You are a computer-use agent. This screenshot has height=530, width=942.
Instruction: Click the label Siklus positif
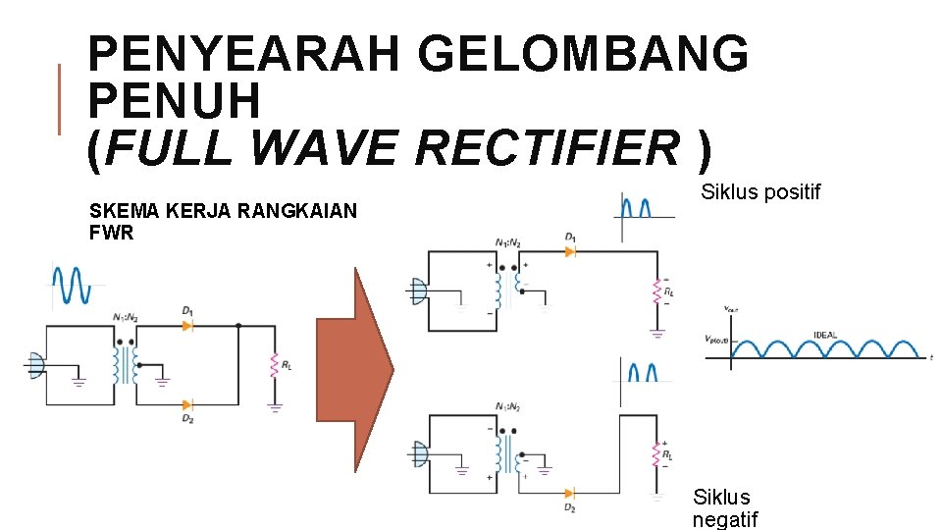[760, 192]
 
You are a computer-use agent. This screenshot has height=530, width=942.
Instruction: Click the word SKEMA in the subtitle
[116, 210]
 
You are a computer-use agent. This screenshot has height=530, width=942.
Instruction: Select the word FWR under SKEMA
[111, 234]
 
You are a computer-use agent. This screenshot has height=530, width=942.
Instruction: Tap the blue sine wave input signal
[72, 286]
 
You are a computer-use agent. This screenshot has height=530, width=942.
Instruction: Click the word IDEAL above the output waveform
[825, 336]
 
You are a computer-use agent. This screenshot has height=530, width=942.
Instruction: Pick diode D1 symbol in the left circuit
[187, 325]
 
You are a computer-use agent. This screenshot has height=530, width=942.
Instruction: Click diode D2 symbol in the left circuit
[187, 403]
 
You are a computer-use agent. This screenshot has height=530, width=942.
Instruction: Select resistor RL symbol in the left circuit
[276, 366]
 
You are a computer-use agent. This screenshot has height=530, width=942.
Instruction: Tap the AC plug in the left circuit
[36, 366]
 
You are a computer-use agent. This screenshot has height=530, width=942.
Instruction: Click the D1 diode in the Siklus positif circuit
[569, 251]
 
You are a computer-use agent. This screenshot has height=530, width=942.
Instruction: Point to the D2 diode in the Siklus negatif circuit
[569, 494]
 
